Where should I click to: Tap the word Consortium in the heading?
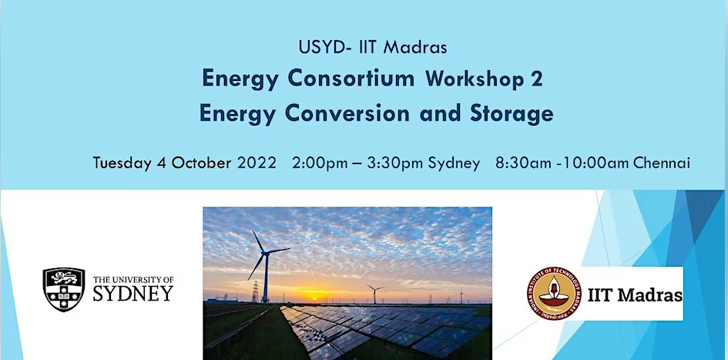pyautogui.click(x=351, y=79)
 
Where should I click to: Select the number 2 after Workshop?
pyautogui.click(x=537, y=79)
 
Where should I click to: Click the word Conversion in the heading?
pyautogui.click(x=347, y=113)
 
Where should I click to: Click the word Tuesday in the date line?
pyautogui.click(x=122, y=163)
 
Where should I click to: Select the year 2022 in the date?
pyautogui.click(x=257, y=163)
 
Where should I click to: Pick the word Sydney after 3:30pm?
pyautogui.click(x=454, y=164)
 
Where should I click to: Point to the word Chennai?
pyautogui.click(x=662, y=163)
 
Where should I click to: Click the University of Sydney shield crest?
pyautogui.click(x=64, y=289)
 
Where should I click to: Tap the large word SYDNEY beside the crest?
pyautogui.click(x=133, y=293)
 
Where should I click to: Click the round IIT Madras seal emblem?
pyautogui.click(x=554, y=294)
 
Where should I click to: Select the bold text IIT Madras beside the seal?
pyautogui.click(x=635, y=295)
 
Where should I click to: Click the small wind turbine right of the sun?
pyautogui.click(x=374, y=293)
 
